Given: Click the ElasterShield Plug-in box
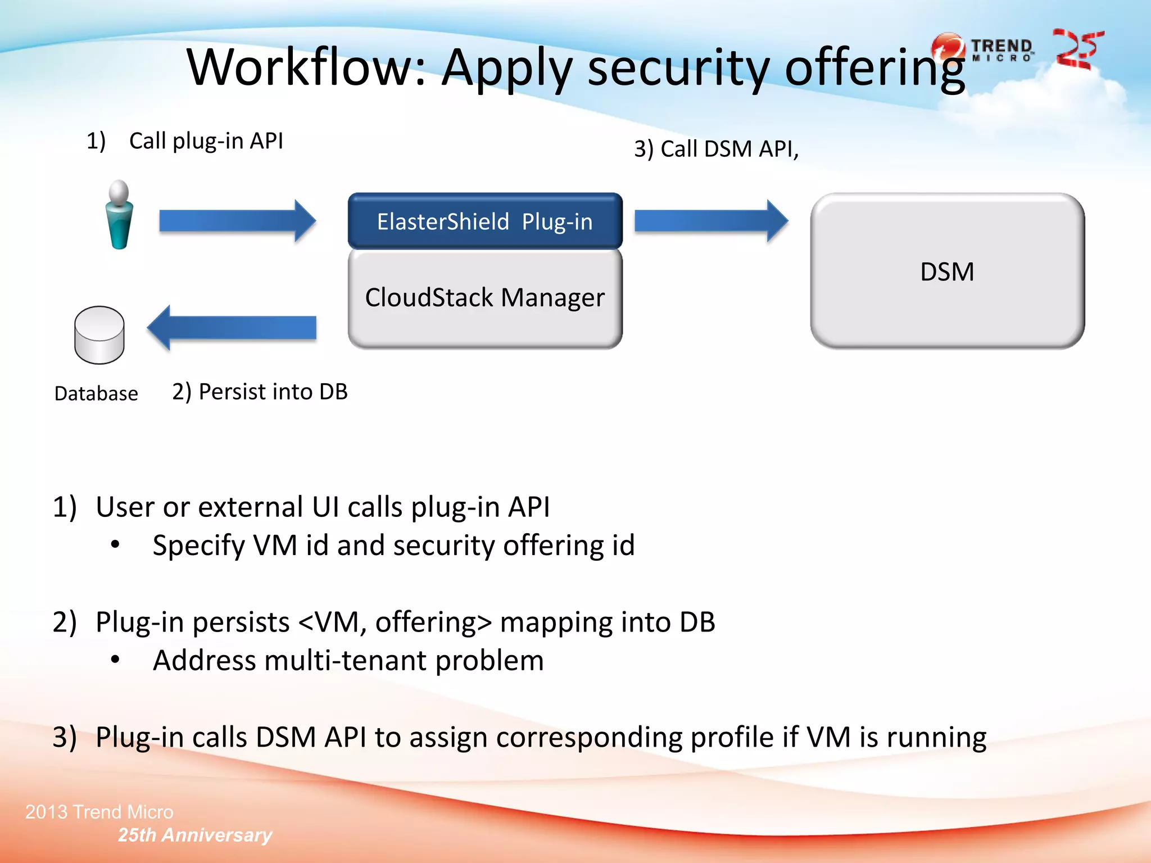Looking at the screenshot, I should tap(484, 221).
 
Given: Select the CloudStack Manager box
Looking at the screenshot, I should tap(484, 298).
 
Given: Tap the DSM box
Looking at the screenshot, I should tap(947, 271).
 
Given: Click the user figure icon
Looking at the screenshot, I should tap(119, 215).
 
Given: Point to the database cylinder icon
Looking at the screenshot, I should tap(99, 335).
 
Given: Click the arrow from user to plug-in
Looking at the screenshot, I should tap(237, 221).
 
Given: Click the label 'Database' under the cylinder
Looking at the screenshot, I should tap(96, 394).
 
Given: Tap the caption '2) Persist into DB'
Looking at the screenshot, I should tap(260, 392).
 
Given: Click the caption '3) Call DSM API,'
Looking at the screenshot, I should tap(716, 149).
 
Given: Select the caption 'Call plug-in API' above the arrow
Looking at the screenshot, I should tap(206, 140).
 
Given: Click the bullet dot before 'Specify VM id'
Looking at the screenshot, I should tap(115, 545).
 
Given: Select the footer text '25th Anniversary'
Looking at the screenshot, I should tap(194, 835).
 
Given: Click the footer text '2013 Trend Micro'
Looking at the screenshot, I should tap(99, 812).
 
